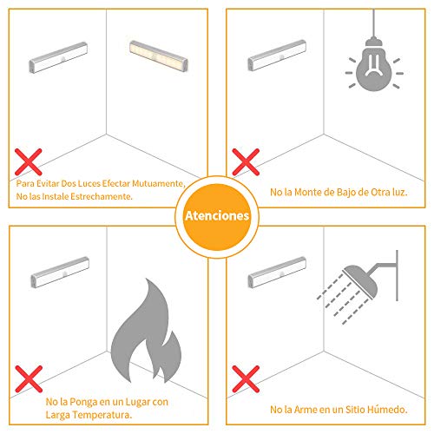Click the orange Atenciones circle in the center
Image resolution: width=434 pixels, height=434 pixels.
tap(217, 216)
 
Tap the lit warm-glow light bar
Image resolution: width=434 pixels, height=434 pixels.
tap(159, 56)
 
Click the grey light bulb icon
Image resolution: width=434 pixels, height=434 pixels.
tap(374, 65)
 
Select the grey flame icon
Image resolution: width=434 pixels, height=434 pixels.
tap(146, 331)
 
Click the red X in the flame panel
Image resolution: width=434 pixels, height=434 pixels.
tap(29, 378)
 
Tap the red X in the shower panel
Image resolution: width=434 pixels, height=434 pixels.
tap(246, 378)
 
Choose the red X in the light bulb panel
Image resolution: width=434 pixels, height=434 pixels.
tap(246, 162)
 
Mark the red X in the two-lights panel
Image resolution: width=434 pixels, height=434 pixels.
tap(29, 162)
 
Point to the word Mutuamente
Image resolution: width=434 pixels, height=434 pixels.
tap(159, 183)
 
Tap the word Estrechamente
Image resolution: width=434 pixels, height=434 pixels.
tap(102, 196)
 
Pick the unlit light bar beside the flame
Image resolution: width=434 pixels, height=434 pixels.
tap(60, 273)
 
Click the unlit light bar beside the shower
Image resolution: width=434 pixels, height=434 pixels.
tap(277, 273)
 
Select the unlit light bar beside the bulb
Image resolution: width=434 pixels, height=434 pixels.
tap(277, 56)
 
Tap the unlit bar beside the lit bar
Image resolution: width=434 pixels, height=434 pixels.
tap(58, 57)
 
